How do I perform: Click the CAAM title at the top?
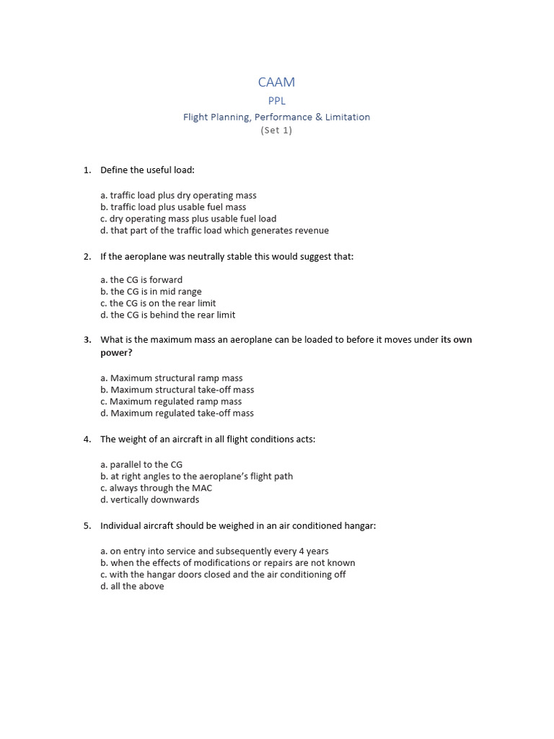(276, 83)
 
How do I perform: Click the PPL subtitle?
(276, 101)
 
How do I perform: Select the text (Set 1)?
(276, 131)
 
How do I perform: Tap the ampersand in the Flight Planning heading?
(313, 117)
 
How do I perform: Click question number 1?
(87, 170)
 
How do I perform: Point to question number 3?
(87, 339)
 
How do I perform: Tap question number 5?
(87, 525)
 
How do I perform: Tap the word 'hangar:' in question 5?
(359, 525)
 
